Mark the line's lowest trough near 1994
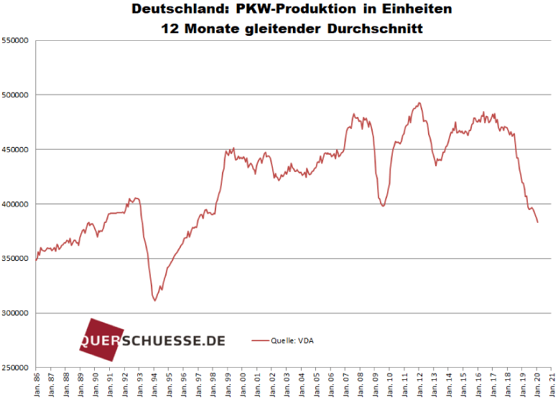(x=154, y=300)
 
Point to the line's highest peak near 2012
(x=419, y=103)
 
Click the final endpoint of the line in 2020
(x=538, y=222)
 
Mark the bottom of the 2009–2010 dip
(x=383, y=206)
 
